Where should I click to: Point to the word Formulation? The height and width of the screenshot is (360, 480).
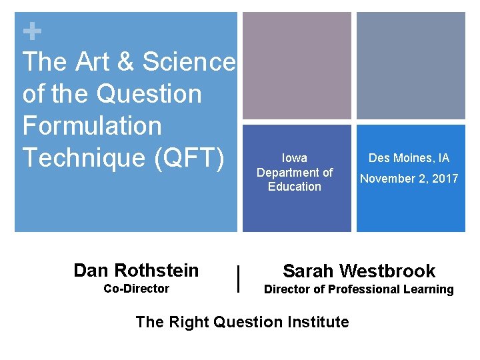[x=92, y=126]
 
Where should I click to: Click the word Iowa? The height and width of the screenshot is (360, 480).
[x=295, y=158]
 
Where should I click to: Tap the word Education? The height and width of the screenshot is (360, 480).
[x=295, y=187]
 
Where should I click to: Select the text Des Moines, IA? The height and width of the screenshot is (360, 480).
[x=409, y=158]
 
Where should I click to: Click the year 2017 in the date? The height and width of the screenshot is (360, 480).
[x=445, y=179]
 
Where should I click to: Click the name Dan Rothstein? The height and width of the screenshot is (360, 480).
[x=136, y=270]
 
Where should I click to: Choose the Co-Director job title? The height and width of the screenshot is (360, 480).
[x=136, y=289]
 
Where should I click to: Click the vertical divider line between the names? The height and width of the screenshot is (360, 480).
[x=239, y=279]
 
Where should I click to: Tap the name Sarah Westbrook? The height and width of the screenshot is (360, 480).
[x=359, y=271]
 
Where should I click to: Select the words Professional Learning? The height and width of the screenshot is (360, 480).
[x=399, y=289]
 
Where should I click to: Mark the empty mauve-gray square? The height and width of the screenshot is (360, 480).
[x=297, y=65]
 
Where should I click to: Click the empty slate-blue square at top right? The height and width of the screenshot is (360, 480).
[x=411, y=65]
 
